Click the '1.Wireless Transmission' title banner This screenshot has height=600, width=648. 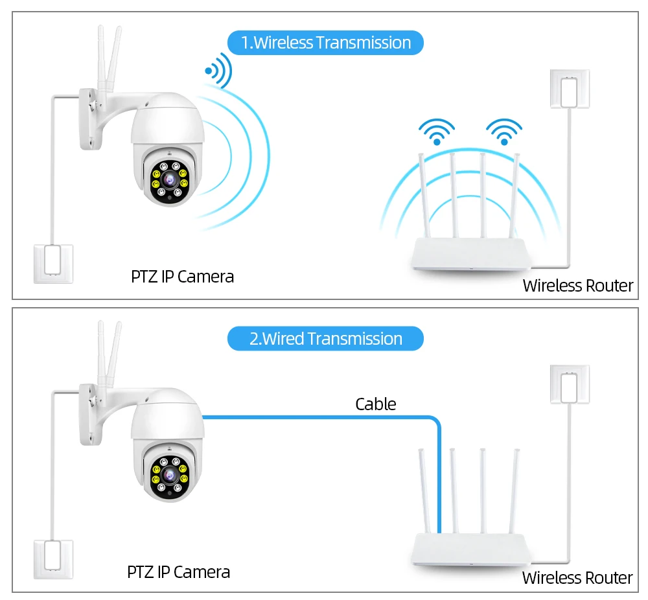(325, 43)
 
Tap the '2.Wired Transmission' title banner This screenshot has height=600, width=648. (325, 339)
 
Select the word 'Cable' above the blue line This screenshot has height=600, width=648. (375, 404)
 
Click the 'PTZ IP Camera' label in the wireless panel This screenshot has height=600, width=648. (182, 277)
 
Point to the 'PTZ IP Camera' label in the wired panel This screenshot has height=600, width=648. (178, 572)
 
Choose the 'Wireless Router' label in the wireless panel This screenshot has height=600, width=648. (577, 286)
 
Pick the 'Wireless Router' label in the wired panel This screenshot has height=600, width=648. (577, 578)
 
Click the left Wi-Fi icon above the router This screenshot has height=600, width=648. (436, 130)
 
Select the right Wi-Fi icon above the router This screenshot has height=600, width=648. (504, 130)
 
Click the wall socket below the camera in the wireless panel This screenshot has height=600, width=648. (53, 263)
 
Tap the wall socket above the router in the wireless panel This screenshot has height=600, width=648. (570, 89)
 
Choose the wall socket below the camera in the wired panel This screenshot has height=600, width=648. (53, 559)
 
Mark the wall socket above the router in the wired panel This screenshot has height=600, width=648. (570, 385)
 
